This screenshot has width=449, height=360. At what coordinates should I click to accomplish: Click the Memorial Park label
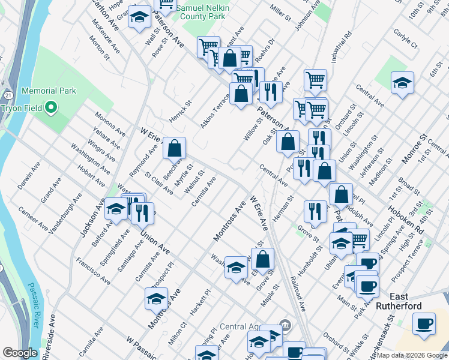point(49,91)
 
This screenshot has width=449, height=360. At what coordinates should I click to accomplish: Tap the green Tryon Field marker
point(51,109)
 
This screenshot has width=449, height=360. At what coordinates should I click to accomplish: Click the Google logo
point(20,353)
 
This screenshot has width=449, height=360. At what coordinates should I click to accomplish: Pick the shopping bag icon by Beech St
point(174,148)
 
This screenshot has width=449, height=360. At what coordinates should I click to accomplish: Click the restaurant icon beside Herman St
point(315,211)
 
